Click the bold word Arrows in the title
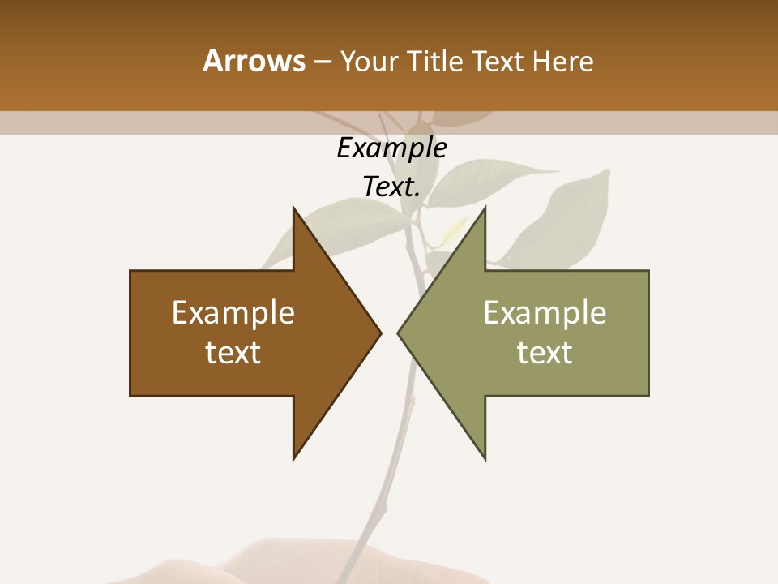coord(254,61)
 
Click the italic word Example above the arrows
coord(391,148)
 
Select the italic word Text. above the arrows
coord(391,187)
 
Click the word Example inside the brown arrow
coord(233,313)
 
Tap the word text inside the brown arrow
coord(233,353)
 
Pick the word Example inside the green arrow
coord(545,313)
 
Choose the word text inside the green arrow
coord(545,353)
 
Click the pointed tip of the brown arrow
coord(379,333)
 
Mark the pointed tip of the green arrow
coord(399,333)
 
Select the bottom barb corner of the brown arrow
coord(294,458)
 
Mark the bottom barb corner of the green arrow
coord(485,458)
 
